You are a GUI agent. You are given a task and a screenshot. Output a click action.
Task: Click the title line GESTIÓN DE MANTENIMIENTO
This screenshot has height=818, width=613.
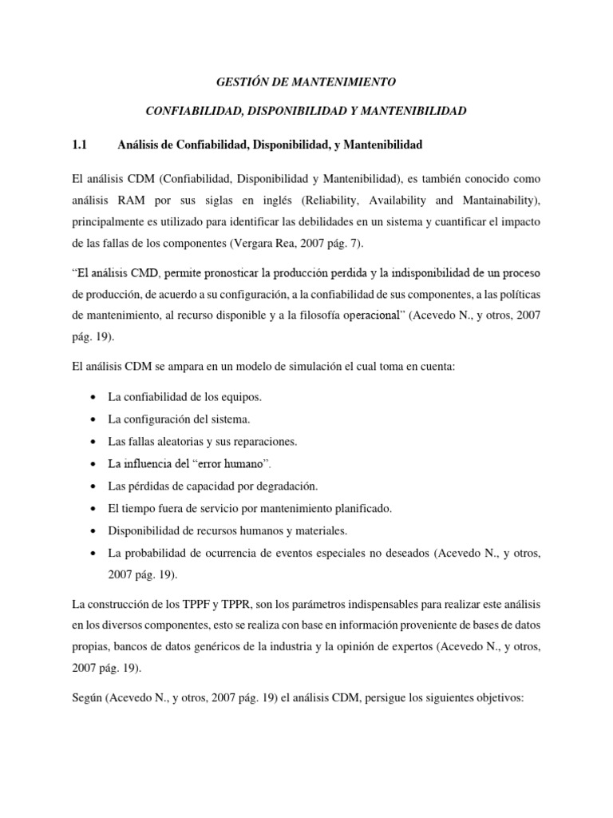[x=306, y=81]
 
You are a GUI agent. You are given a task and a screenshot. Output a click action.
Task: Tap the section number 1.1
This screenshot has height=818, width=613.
[x=78, y=145]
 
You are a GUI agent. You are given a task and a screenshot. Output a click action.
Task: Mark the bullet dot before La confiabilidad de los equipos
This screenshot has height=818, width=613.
[x=96, y=397]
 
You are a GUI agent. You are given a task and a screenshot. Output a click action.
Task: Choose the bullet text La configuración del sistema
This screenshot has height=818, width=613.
[x=178, y=419]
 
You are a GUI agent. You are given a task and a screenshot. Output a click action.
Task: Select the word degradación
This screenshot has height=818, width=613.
[x=283, y=486]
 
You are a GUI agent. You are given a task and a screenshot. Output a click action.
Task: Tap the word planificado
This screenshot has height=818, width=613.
[x=358, y=508]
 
